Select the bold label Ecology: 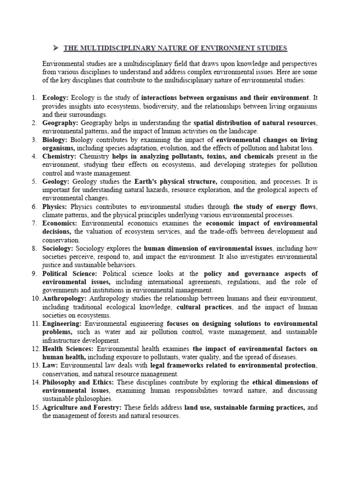pyautogui.click(x=55, y=97)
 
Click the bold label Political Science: pyautogui.click(x=69, y=274)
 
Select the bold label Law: pyautogui.click(x=50, y=366)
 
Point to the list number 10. pyautogui.click(x=35, y=299)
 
